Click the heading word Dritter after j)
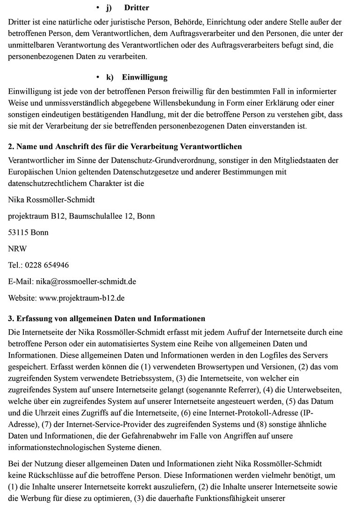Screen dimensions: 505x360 pos(137,8)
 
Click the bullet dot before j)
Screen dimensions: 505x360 pos(98,8)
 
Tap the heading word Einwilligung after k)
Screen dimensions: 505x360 pos(144,77)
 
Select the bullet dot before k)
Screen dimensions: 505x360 pos(98,77)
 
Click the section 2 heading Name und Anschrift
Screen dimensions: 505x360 pos(125,147)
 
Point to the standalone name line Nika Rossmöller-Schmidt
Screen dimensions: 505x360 pos(51,200)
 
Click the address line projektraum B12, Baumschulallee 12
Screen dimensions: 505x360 pos(82,216)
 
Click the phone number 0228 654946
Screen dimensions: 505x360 pos(47,265)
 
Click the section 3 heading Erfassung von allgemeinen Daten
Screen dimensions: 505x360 pos(107,319)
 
